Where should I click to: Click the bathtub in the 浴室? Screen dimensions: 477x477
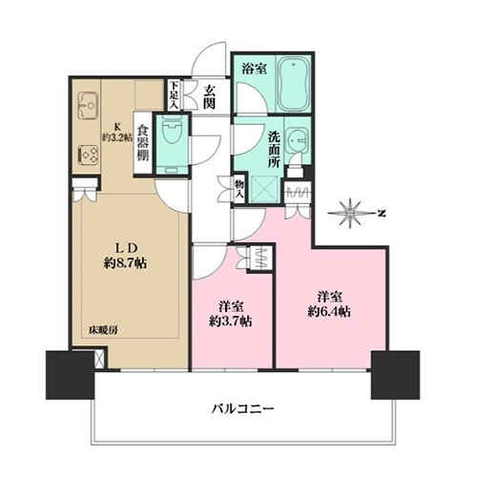[x=293, y=84]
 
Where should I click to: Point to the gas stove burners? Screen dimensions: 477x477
[x=88, y=155]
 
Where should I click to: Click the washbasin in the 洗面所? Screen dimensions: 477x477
[x=298, y=140]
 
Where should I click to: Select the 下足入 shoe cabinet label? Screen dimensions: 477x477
[x=174, y=95]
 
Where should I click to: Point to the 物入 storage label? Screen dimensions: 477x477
[x=238, y=190]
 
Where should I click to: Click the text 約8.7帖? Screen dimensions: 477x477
[x=125, y=263]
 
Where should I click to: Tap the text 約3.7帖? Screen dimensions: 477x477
[x=231, y=321]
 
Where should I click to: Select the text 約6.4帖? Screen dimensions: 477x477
[x=329, y=312]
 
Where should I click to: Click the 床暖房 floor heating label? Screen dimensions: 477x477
[x=103, y=331]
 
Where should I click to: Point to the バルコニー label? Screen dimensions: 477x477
[x=242, y=408]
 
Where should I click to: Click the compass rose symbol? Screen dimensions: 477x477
[x=350, y=214]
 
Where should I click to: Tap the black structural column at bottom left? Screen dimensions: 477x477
[x=71, y=375]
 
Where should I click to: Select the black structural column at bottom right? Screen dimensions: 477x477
[x=395, y=375]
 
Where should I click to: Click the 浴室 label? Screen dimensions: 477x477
[x=254, y=69]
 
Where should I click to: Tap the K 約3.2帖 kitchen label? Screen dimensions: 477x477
[x=117, y=132]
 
